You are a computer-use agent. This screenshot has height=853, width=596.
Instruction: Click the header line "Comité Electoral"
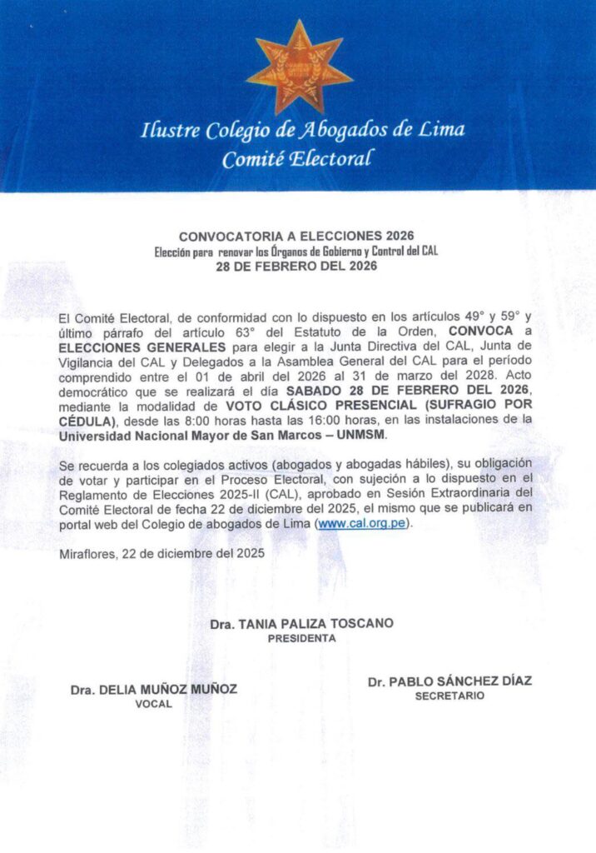(x=297, y=160)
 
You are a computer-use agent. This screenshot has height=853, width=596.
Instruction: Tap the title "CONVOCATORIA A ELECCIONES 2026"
(x=297, y=237)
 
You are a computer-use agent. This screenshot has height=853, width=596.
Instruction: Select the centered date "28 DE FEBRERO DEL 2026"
(x=296, y=267)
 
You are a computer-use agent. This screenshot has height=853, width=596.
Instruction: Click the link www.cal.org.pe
(x=363, y=525)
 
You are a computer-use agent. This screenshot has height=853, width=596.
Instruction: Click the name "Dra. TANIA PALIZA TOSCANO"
(x=301, y=623)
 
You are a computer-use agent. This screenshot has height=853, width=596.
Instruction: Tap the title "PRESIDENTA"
(x=301, y=638)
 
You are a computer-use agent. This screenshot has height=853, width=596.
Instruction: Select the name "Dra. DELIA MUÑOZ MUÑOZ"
(x=154, y=689)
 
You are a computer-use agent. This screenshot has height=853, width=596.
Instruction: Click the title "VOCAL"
(x=154, y=704)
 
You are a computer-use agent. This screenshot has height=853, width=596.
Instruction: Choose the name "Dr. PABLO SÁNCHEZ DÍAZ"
(x=449, y=681)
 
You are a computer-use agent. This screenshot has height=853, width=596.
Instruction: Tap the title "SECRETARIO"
(x=449, y=696)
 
